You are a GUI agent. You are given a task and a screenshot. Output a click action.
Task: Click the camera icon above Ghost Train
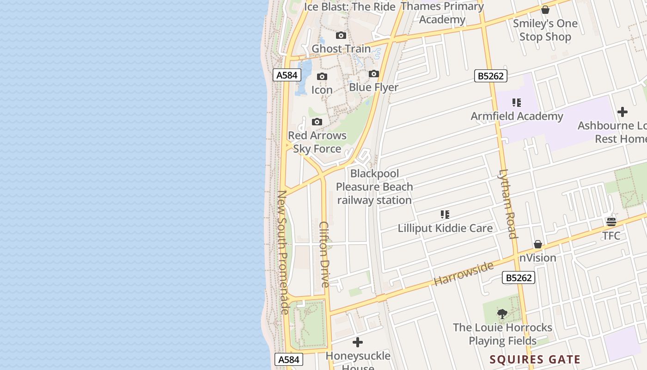point(341,36)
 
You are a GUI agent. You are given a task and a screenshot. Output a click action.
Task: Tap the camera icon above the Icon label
point(322,77)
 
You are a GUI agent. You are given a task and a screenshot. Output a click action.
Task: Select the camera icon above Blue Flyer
point(374,74)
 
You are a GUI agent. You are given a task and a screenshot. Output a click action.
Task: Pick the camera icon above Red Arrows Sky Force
point(317,122)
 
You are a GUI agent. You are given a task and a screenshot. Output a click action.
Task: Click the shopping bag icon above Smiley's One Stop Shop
point(545,10)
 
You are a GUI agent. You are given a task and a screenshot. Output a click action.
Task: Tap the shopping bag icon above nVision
point(538,244)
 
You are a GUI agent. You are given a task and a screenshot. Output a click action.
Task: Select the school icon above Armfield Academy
point(517,103)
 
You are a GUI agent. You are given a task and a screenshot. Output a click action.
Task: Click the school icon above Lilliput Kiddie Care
point(445,215)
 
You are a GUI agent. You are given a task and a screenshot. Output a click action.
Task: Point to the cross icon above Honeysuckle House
point(358,343)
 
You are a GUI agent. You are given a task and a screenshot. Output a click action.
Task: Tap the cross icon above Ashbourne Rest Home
point(623,112)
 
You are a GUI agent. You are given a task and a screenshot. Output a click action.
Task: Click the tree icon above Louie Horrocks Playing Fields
point(502,314)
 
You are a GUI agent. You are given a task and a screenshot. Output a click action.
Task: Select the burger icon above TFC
point(611,222)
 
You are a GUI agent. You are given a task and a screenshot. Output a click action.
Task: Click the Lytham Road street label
point(507,204)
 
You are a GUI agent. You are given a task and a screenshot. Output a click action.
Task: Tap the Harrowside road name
point(463,272)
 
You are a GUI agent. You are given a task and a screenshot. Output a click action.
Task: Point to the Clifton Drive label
point(324,254)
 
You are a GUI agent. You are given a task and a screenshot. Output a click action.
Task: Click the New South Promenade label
point(283,252)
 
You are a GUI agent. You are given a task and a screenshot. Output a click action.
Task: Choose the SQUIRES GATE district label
point(535,359)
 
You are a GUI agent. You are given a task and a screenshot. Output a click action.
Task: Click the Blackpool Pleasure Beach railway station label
point(374,187)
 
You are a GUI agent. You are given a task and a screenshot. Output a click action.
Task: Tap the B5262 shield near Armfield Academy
point(491,76)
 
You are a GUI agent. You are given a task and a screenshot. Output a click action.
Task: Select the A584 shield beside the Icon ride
point(287,75)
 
